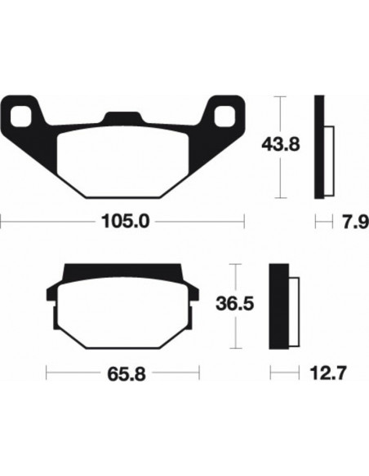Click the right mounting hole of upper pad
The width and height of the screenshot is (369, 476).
[224, 111]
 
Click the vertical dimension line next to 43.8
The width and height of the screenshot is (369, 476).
[282, 114]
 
